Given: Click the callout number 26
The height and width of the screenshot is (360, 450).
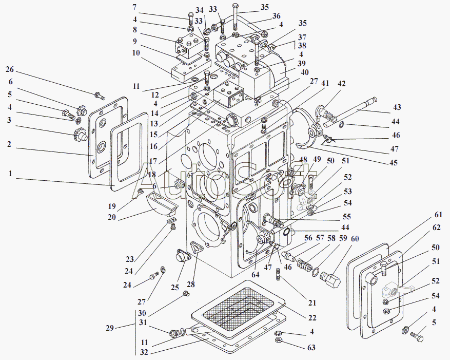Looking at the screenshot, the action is pyautogui.click(x=10, y=70).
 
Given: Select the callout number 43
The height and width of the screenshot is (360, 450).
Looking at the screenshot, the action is pyautogui.click(x=397, y=107).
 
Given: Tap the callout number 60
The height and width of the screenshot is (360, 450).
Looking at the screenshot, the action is pyautogui.click(x=355, y=239).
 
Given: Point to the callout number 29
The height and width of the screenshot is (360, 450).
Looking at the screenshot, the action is pyautogui.click(x=110, y=328).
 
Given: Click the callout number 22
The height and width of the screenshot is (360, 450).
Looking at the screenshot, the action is pyautogui.click(x=312, y=318).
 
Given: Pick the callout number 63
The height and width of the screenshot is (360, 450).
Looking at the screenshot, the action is pyautogui.click(x=311, y=348).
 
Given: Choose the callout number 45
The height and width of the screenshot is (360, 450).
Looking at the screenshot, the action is pyautogui.click(x=394, y=163).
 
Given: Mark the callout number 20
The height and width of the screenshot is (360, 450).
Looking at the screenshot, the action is pyautogui.click(x=112, y=217).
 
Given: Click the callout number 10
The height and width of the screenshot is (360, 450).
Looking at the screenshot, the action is pyautogui.click(x=136, y=53).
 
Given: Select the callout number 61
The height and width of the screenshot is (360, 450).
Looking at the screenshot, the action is pyautogui.click(x=438, y=214).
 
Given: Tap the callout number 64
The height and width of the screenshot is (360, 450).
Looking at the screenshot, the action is pyautogui.click(x=255, y=275).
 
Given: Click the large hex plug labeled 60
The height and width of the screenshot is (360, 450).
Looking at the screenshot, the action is pyautogui.click(x=330, y=280).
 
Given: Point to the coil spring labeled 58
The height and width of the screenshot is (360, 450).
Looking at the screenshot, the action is pyautogui.click(x=304, y=265).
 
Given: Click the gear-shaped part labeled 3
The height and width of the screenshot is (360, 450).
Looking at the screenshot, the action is pyautogui.click(x=80, y=134).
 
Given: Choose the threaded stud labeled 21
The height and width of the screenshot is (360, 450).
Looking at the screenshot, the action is pyautogui.click(x=279, y=274).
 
